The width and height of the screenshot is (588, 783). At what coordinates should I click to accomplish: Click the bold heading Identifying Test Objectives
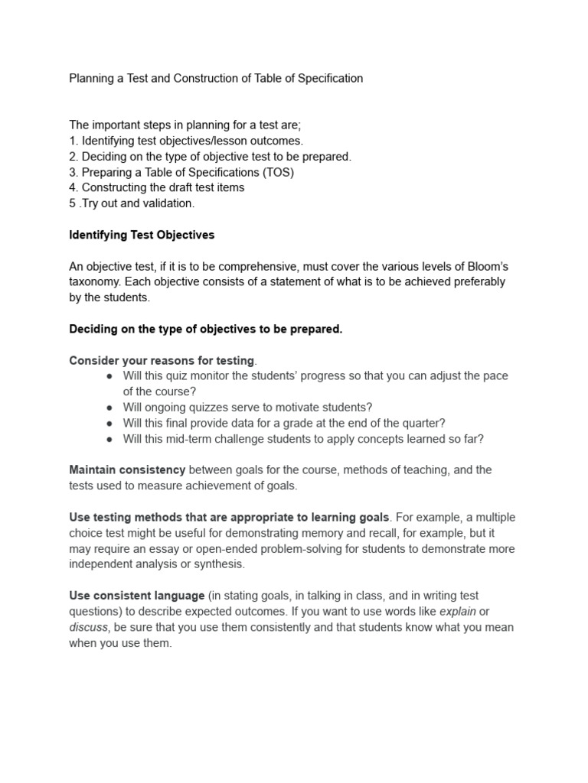tap(142, 235)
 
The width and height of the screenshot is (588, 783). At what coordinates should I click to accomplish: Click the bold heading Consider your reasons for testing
tap(162, 360)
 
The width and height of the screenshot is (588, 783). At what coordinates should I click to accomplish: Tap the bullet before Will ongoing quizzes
tap(110, 408)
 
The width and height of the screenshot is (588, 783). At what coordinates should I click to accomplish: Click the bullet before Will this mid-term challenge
tap(110, 439)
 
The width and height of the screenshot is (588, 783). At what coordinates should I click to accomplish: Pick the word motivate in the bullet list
tap(299, 408)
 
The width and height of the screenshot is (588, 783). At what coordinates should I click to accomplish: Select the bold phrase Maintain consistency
tap(127, 469)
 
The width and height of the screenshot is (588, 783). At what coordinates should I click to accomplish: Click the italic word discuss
tap(89, 627)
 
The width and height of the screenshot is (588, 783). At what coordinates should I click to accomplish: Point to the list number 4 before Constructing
tap(73, 187)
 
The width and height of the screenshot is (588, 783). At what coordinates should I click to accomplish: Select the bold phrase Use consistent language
tap(137, 596)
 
